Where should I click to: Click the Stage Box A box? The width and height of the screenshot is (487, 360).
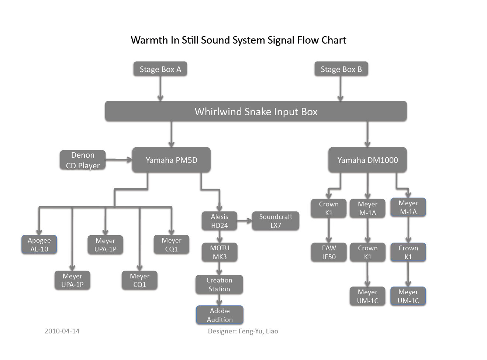point(160,69)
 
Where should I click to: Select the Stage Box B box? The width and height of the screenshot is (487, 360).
point(341,69)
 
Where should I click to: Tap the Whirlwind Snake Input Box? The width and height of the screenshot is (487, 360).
point(256,111)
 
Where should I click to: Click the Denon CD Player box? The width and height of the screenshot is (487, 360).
point(83,160)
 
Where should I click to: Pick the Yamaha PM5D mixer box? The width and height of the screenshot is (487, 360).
point(171,160)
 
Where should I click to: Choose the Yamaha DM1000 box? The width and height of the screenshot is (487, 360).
point(367,160)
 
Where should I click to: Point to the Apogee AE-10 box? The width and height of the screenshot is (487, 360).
point(39,244)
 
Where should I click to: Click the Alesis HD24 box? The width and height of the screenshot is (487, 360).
point(219,221)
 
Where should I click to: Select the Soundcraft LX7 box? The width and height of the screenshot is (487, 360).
point(276,221)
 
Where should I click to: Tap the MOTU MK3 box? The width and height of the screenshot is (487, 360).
point(220,252)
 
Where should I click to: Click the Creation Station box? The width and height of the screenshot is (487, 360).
point(219,284)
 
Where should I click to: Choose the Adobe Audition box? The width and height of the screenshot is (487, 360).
point(220,315)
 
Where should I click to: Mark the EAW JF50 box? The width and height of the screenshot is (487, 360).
point(329,252)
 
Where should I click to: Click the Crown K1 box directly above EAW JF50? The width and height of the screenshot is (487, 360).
point(329,208)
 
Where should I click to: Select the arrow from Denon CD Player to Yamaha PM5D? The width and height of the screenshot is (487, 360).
point(118,160)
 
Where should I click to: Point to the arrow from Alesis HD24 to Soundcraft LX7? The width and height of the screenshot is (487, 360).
point(244,221)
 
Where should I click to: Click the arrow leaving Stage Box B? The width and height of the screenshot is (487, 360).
point(340,89)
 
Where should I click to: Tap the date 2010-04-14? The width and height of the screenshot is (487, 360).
point(62,331)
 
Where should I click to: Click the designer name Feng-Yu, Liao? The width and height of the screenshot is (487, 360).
point(258,331)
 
